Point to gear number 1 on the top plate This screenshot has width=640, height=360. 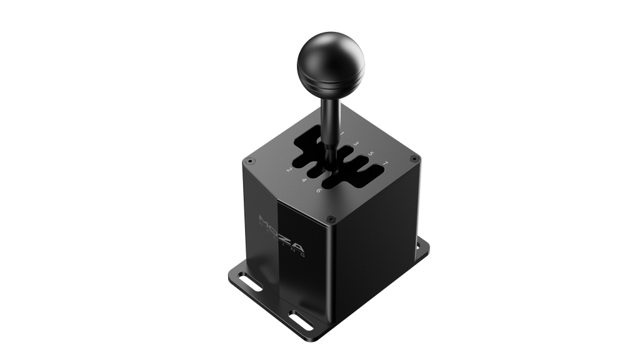point(342,134)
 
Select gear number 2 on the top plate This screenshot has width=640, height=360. point(289,170)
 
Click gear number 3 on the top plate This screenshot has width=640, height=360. point(356,144)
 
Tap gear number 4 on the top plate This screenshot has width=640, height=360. point(304,181)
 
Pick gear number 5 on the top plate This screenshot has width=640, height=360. point(371,154)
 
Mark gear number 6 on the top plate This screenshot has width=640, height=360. point(319,190)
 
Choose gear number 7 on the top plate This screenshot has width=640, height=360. point(385,164)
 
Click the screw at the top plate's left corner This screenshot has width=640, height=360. point(250,161)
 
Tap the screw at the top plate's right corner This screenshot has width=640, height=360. point(411,161)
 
